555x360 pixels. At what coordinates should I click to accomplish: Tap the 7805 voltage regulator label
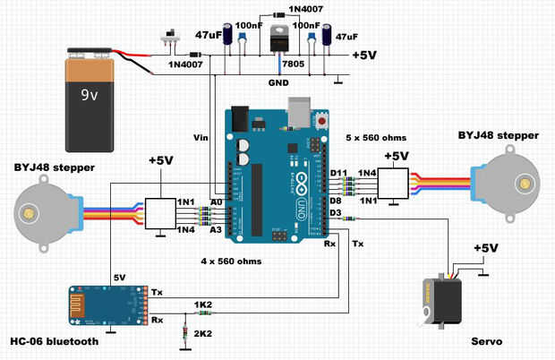click(292, 64)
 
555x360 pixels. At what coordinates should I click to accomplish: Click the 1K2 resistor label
click(203, 305)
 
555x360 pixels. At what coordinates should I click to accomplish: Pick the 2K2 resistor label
click(203, 333)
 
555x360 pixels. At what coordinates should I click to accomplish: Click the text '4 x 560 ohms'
click(231, 261)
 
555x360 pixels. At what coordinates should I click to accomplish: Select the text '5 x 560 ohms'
click(376, 138)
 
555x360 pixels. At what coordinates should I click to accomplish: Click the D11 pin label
click(338, 172)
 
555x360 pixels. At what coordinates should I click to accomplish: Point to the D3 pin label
click(337, 213)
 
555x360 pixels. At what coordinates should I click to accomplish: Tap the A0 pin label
click(216, 202)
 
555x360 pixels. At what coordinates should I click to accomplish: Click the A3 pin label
click(216, 230)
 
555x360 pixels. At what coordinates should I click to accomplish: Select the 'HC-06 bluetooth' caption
click(53, 341)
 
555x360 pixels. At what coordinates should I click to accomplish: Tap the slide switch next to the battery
click(166, 39)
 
